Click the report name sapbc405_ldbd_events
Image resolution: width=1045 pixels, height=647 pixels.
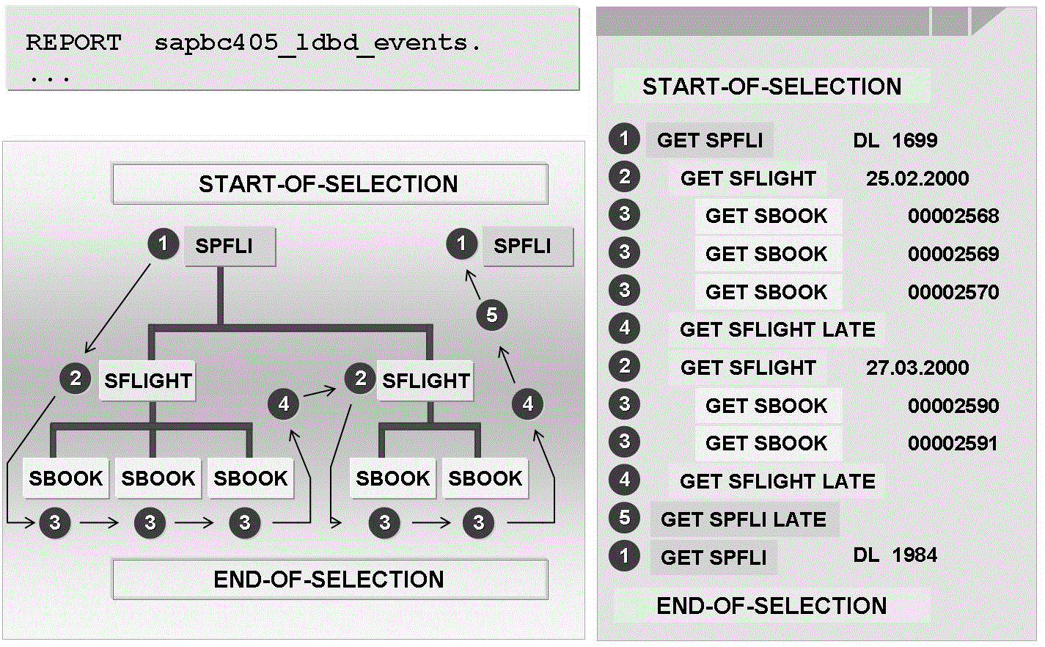[318, 43]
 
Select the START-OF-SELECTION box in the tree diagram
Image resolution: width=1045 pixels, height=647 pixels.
[329, 183]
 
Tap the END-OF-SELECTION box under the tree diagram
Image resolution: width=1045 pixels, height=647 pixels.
[329, 580]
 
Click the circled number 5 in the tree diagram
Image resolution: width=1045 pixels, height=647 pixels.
[491, 315]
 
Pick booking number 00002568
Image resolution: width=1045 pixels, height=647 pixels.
[953, 216]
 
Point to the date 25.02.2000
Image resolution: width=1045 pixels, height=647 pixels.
[917, 178]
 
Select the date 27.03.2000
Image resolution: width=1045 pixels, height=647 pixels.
[917, 368]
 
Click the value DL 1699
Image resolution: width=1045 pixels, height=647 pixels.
[895, 140]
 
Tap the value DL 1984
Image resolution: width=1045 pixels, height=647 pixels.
[895, 555]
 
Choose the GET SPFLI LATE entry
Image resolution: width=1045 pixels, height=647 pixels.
[744, 519]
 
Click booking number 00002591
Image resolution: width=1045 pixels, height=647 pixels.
[953, 444]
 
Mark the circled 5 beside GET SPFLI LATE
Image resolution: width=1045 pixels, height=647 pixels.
[624, 518]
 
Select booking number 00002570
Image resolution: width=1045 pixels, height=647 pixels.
[953, 292]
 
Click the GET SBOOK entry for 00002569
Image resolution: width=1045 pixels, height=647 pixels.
[766, 254]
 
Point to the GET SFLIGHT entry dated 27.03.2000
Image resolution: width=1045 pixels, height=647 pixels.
[748, 368]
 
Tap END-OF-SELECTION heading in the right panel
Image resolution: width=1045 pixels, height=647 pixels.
[771, 606]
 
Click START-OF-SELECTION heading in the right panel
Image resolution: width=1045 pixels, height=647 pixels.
[771, 87]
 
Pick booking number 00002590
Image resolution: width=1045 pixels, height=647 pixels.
[953, 406]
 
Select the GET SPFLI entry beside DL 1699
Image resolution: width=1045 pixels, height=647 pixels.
[710, 140]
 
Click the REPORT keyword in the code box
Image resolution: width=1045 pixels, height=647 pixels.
[73, 43]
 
